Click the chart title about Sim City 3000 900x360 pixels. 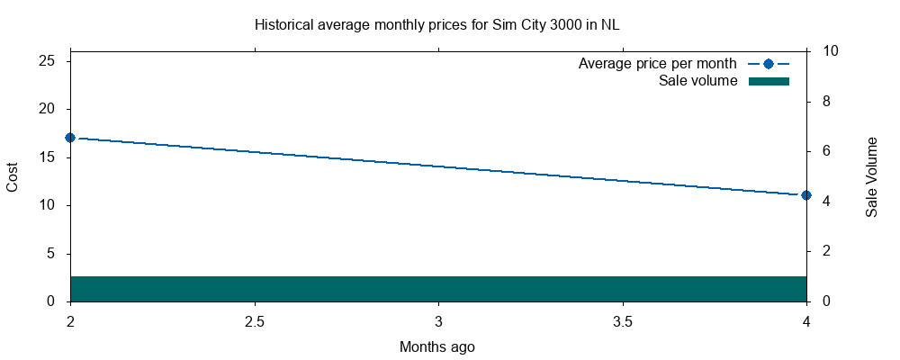[x=437, y=24]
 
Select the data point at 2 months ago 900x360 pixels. [x=70, y=138]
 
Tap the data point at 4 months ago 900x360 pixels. [x=806, y=195]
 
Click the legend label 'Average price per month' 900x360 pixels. [x=658, y=64]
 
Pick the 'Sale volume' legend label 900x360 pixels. [x=698, y=81]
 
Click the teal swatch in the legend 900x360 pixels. [x=769, y=81]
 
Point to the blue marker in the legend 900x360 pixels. [x=769, y=64]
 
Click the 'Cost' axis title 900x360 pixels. [x=13, y=175]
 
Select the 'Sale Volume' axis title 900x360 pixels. [x=871, y=176]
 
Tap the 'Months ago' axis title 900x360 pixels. [x=437, y=346]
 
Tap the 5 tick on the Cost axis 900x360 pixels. [x=51, y=254]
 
